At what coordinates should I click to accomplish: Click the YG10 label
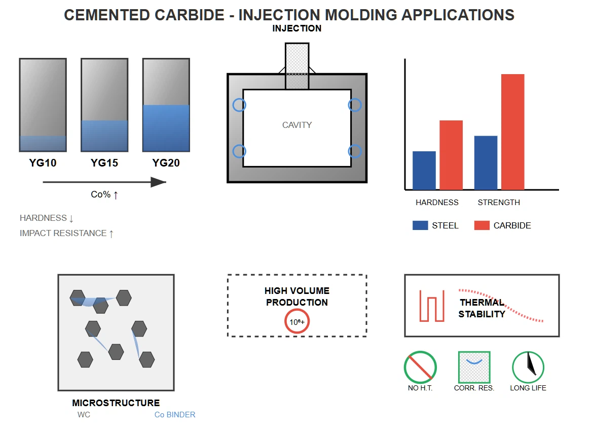43,163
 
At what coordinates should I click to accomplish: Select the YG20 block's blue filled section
166,128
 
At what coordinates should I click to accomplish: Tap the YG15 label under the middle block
104,163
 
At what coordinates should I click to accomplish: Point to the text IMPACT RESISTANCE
63,233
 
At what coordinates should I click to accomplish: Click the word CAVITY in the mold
297,125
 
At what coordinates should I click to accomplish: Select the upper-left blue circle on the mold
239,105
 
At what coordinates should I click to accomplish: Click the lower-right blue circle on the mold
355,151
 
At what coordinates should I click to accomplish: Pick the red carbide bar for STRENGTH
512,132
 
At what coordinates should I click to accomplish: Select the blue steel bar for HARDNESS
424,171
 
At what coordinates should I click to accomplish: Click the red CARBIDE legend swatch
481,225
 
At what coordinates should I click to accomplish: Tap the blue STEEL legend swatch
420,225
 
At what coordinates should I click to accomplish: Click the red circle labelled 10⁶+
296,322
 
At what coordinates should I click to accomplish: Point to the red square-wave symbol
432,306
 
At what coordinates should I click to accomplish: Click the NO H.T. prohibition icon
420,367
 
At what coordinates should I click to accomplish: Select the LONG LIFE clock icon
528,367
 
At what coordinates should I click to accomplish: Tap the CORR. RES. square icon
474,367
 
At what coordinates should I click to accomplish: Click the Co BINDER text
175,415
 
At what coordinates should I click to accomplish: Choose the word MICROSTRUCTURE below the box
116,403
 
